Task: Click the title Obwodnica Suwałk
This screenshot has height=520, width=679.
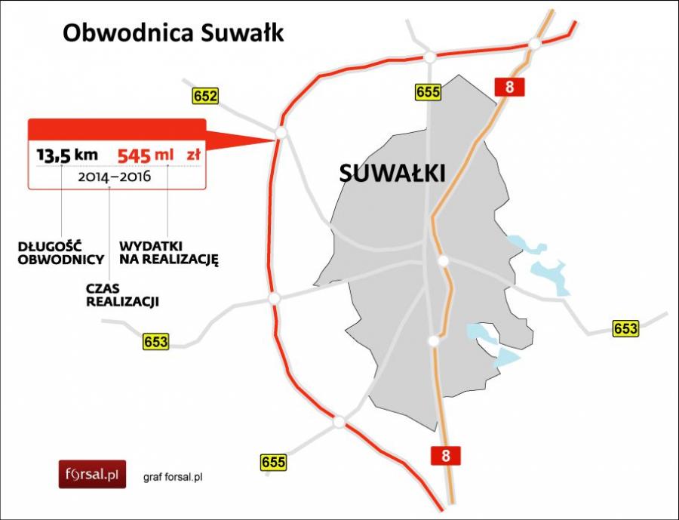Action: click(x=173, y=33)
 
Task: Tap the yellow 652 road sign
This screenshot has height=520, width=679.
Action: click(x=204, y=96)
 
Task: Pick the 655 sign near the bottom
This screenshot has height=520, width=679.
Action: click(x=275, y=462)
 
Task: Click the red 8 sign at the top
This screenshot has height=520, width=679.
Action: click(x=510, y=87)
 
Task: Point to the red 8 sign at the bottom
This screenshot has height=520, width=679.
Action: click(x=445, y=455)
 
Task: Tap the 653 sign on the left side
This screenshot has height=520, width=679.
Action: click(x=155, y=341)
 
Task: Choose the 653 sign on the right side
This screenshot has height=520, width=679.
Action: click(x=625, y=329)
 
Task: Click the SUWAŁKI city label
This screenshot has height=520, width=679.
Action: click(x=392, y=173)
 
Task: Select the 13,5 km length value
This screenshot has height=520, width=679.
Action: click(x=67, y=155)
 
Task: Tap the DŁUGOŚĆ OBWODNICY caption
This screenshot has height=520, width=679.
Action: click(x=51, y=253)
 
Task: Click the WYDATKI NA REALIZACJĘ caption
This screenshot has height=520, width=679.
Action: click(x=168, y=253)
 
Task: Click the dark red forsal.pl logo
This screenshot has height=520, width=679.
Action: click(x=92, y=474)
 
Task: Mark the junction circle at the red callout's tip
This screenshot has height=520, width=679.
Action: click(x=281, y=133)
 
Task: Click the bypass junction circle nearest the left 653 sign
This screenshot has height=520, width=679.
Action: click(x=275, y=298)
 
